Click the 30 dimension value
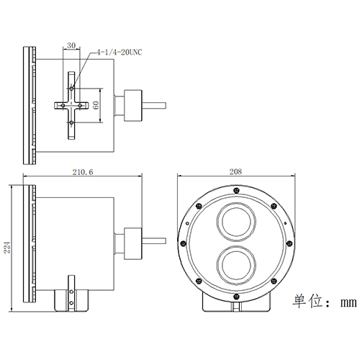coord(71,45)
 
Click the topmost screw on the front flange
coord(237,189)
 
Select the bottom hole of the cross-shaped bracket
coord(72,123)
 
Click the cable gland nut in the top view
coord(132,105)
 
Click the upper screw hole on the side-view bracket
coord(72,292)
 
